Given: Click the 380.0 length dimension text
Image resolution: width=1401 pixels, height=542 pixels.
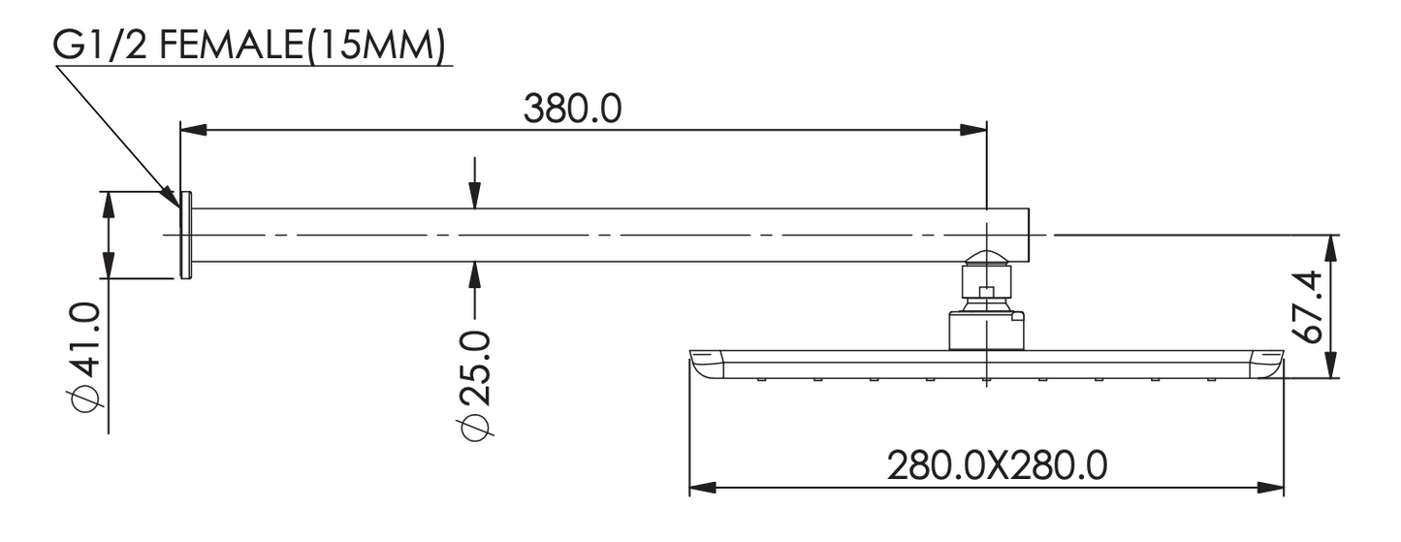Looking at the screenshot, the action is point(572,109).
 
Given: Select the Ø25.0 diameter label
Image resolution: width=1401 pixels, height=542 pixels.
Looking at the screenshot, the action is point(473,385).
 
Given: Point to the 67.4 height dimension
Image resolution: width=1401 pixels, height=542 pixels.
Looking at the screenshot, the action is point(1306,306).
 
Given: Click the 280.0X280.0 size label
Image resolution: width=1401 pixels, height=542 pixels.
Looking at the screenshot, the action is point(997,465).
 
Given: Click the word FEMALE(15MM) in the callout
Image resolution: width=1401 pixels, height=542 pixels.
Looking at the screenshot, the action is point(302,47).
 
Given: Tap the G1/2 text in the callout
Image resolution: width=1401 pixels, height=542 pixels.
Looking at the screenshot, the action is point(100,47).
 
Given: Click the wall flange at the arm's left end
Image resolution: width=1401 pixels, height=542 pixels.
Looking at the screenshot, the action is point(186,235).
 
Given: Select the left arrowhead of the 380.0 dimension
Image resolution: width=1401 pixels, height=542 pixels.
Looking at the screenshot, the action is point(193,130).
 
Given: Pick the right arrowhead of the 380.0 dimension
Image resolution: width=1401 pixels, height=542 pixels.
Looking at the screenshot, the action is point(973,130).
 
